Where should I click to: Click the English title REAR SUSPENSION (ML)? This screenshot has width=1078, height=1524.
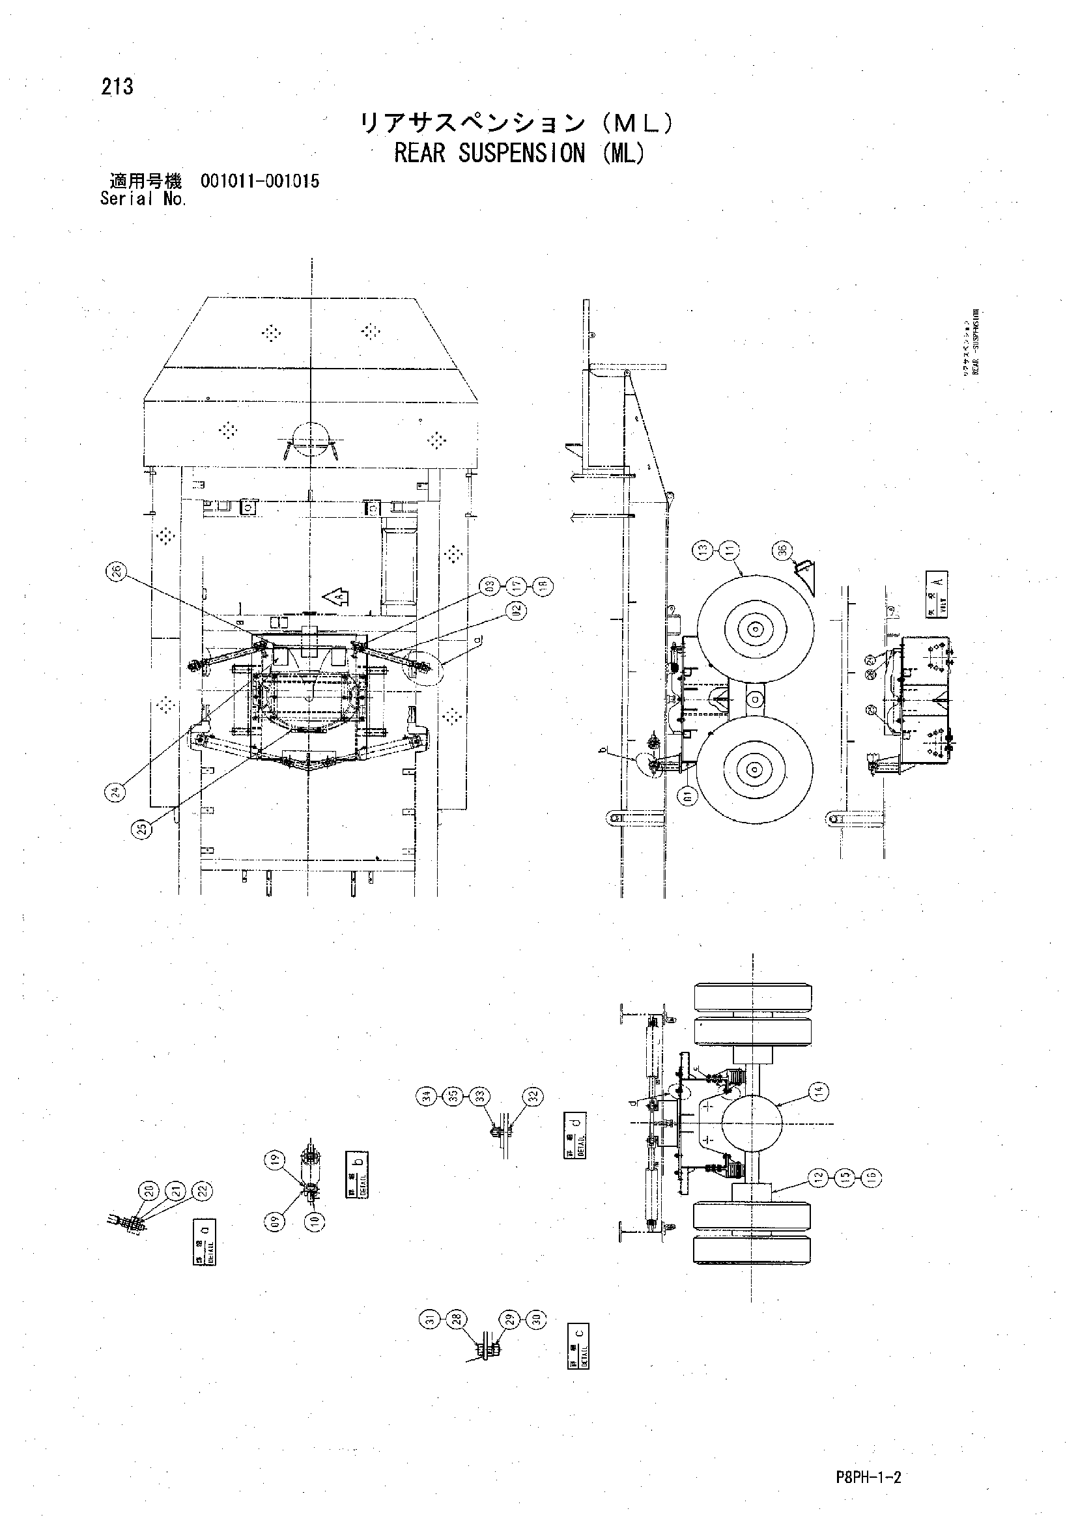[x=518, y=153]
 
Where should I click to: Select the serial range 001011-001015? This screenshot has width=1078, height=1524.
[x=259, y=181]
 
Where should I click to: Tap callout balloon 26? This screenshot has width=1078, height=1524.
[x=115, y=572]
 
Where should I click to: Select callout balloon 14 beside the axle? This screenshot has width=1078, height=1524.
[x=819, y=1090]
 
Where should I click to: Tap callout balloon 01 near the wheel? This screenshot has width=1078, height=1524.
[x=688, y=795]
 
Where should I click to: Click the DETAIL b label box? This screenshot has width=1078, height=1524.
[x=357, y=1174]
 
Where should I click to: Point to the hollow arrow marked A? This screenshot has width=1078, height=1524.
[x=338, y=597]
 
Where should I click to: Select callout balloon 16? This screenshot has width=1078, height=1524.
[x=871, y=1177]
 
